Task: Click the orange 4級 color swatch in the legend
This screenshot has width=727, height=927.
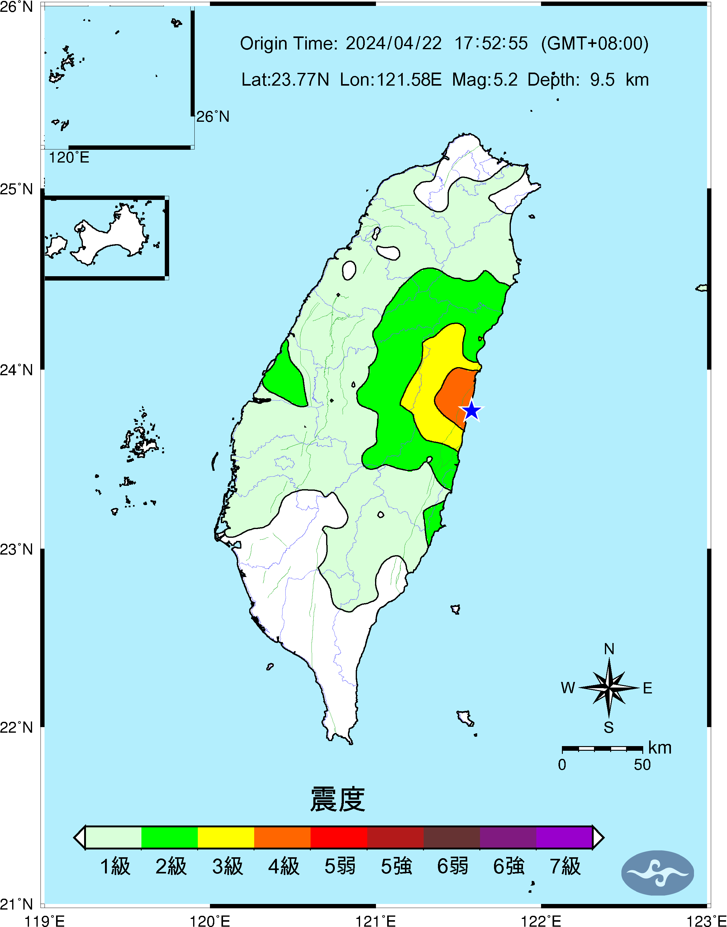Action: click(282, 837)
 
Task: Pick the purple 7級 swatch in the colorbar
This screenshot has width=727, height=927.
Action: click(564, 837)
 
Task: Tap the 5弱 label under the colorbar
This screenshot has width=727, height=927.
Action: click(339, 866)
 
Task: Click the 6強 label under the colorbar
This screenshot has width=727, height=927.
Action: click(508, 866)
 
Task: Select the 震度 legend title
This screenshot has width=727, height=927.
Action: click(338, 799)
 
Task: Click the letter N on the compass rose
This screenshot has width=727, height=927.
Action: click(609, 649)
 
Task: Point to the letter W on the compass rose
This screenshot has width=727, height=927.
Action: click(568, 688)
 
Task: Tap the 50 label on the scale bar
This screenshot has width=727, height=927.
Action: click(642, 765)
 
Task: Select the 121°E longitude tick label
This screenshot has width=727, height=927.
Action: click(376, 921)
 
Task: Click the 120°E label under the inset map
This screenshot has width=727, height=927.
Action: click(69, 158)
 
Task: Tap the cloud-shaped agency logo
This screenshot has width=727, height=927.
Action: click(657, 873)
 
